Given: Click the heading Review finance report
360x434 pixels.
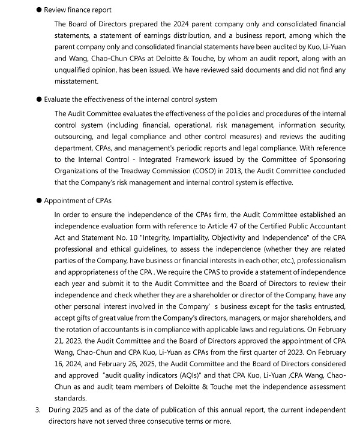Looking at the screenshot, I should (x=77, y=10).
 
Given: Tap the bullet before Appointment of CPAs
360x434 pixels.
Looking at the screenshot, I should (x=38, y=200).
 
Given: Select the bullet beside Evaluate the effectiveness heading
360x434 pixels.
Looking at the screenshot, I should (x=38, y=100).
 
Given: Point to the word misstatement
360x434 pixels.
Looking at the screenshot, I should (x=76, y=82).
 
